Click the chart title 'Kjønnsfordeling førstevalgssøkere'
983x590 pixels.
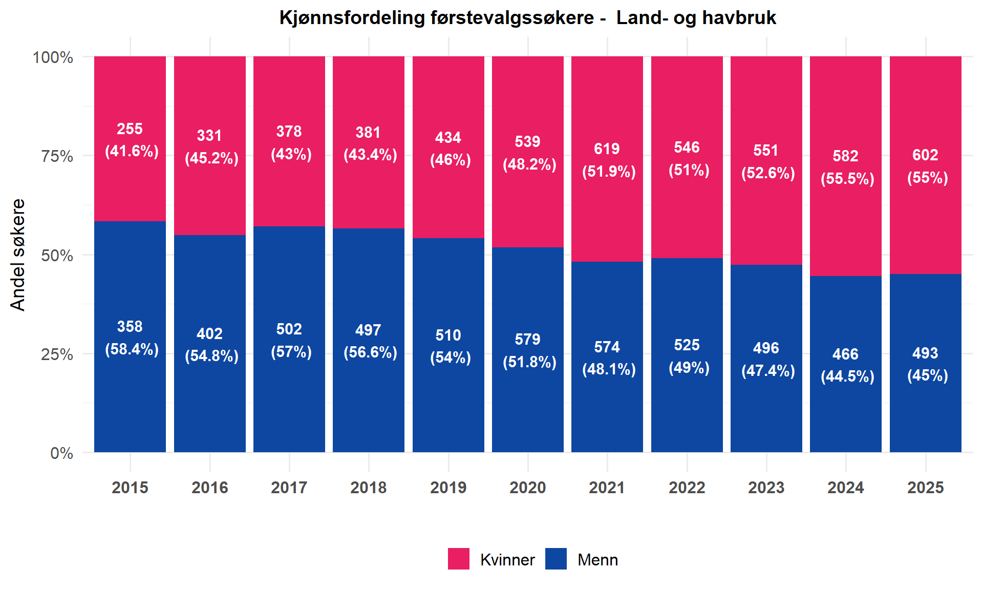(x=437, y=18)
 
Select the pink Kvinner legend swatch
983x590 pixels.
(x=458, y=559)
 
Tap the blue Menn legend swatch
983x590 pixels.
(x=556, y=559)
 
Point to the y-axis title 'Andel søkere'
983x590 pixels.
(x=18, y=255)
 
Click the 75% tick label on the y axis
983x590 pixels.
(x=57, y=156)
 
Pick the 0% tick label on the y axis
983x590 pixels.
(x=62, y=453)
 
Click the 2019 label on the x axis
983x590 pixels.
(x=448, y=488)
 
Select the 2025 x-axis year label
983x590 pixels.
(x=926, y=488)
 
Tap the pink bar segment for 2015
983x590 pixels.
(x=130, y=139)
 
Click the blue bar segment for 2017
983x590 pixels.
(x=289, y=339)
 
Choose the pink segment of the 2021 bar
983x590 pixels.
(x=607, y=159)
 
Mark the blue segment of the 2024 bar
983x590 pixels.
(x=846, y=364)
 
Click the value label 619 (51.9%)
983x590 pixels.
(x=609, y=160)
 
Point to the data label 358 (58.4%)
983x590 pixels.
(x=132, y=338)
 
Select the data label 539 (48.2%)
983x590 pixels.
(x=529, y=153)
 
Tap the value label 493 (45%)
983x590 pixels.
(x=927, y=364)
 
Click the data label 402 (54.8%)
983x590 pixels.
(x=211, y=345)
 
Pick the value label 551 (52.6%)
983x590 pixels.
(x=768, y=161)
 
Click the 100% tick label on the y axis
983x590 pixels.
(x=53, y=57)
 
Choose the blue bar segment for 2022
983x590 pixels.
(x=687, y=355)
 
